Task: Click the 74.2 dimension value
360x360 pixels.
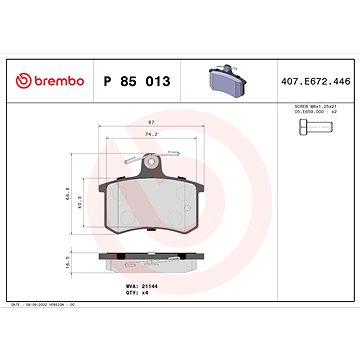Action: (x=151, y=133)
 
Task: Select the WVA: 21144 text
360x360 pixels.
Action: (x=141, y=286)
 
